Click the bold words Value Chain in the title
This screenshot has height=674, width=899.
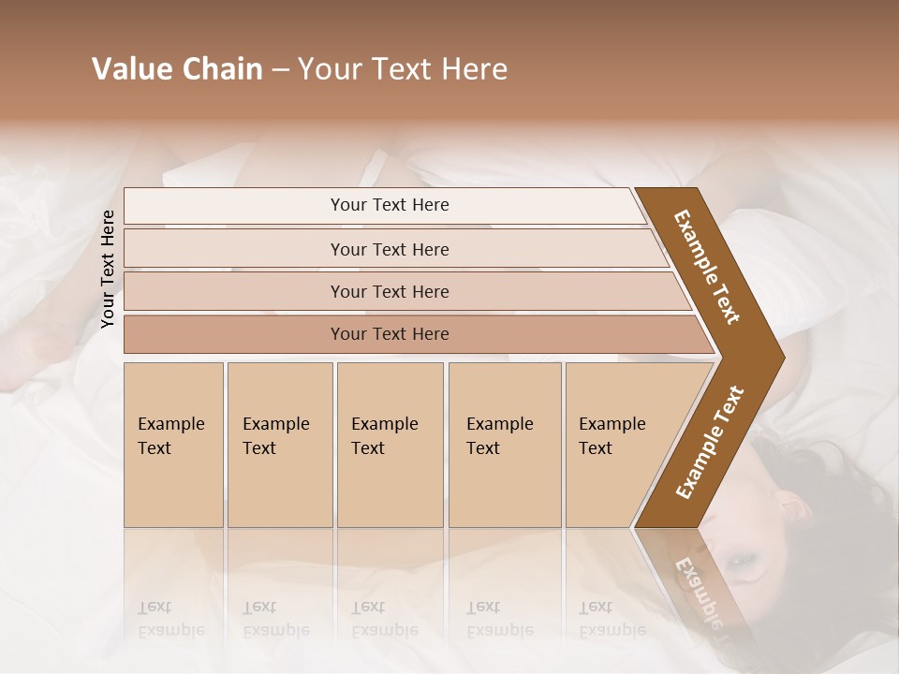177,69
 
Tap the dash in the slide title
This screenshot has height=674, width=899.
280,70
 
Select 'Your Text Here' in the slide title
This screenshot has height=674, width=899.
403,69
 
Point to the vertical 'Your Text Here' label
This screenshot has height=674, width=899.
109,269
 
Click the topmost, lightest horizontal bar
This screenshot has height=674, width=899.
390,205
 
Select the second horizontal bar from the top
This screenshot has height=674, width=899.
390,249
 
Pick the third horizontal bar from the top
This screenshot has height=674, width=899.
390,291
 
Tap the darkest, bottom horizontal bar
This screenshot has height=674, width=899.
390,334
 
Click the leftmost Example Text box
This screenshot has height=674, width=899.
173,444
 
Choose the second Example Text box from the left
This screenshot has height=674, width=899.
279,444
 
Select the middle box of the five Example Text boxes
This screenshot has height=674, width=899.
390,444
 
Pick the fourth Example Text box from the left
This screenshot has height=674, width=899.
504,444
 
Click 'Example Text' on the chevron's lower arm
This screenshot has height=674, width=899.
710,443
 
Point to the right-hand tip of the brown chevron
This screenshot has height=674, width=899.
781,358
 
